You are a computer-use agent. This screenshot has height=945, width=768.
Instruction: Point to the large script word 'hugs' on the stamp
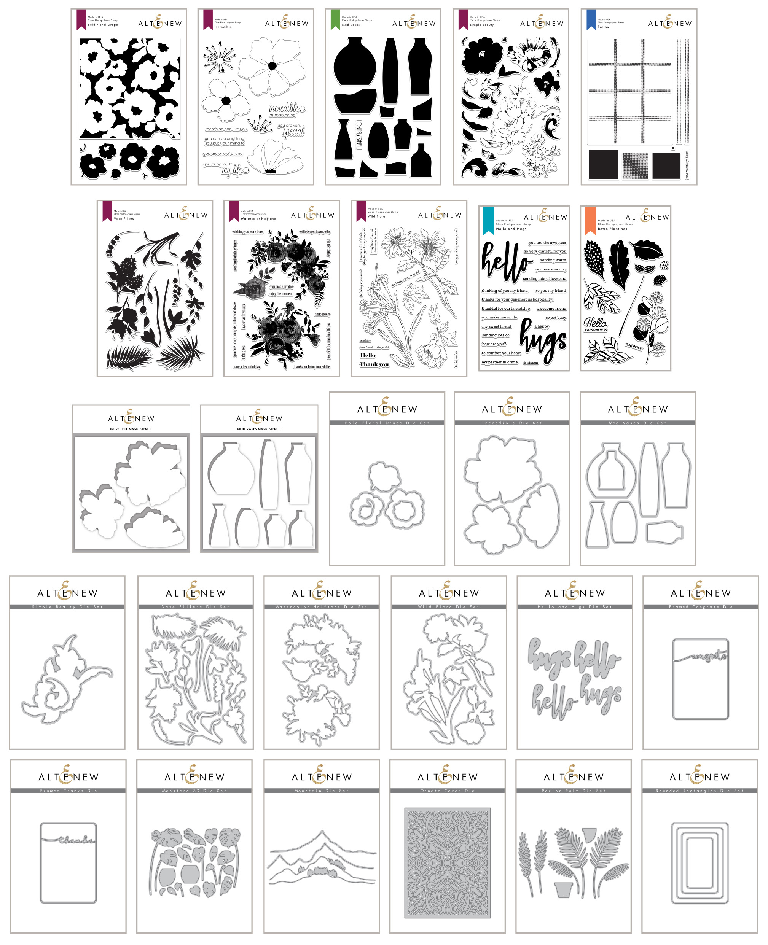coord(543,341)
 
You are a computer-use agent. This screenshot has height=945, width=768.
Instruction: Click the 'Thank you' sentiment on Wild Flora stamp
coord(374,364)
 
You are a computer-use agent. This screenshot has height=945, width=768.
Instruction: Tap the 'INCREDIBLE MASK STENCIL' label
coord(131,428)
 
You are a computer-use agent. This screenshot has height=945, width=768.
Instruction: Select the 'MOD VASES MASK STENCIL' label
coord(259,428)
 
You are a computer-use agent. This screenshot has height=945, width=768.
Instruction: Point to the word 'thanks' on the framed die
coord(76,840)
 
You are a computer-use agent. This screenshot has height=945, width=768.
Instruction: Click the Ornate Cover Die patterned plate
coord(447,862)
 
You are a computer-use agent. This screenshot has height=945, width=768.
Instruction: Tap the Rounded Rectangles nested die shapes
coord(699,863)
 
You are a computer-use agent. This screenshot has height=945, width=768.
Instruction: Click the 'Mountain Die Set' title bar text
coord(321,791)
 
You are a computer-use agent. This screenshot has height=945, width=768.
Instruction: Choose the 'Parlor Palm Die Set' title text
coord(574,791)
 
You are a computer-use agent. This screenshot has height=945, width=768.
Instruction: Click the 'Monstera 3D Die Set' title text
coord(194,791)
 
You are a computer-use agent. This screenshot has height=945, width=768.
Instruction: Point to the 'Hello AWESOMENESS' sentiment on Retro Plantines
coord(596,325)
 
